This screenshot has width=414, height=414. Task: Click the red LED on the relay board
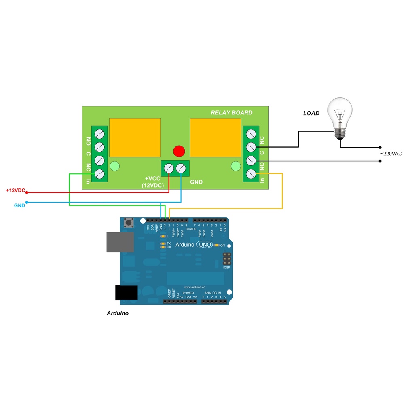click(179, 151)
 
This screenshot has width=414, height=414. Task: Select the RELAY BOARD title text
click(231, 113)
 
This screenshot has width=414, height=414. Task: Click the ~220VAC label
click(391, 154)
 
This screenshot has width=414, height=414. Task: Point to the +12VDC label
click(15, 190)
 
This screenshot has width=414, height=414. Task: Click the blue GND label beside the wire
click(19, 205)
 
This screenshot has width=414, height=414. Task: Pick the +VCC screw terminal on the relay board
click(168, 168)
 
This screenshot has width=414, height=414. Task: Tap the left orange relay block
click(135, 137)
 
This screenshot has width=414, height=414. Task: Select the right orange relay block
click(215, 137)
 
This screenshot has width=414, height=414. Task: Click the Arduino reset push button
click(129, 222)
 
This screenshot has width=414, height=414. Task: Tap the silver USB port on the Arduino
click(120, 242)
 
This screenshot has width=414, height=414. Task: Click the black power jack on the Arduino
click(126, 292)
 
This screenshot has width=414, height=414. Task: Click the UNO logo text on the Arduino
click(204, 245)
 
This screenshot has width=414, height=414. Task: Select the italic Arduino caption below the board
click(118, 313)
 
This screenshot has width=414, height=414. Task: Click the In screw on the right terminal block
click(251, 174)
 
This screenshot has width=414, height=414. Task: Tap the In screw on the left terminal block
click(99, 174)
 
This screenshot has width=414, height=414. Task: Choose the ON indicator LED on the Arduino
click(217, 245)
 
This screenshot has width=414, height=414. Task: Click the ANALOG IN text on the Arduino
click(213, 293)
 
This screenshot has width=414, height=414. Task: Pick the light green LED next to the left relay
click(115, 166)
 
